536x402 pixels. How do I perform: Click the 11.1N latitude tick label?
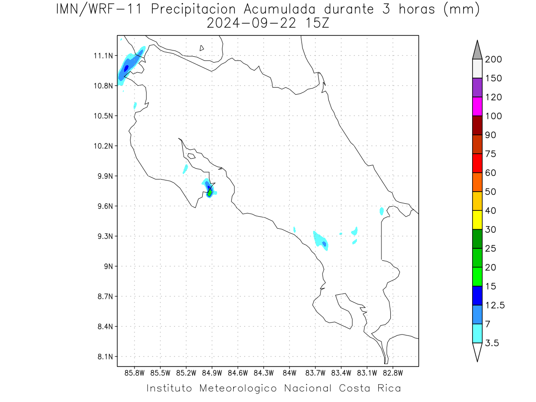coord(103,56)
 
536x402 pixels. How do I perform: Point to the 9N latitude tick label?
coord(109,266)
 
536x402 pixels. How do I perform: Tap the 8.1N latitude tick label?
coord(105,356)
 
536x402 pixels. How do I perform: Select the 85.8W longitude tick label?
coord(134,373)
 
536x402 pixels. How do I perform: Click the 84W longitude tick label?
coord(289,373)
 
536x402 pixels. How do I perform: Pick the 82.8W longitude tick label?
coord(393,373)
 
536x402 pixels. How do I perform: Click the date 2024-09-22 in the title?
coord(251,24)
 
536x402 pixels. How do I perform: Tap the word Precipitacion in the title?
coord(193,10)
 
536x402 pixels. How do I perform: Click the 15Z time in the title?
coord(317,24)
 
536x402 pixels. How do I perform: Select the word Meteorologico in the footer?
coord(238,389)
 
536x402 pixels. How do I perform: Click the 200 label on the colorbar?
coord(493,59)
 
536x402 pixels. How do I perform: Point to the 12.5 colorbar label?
coord(495,306)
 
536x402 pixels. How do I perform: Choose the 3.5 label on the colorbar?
coord(492,343)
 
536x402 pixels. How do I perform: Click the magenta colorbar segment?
coord(477,106)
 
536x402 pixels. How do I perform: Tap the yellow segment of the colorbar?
coord(477,220)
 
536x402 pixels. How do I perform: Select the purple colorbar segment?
coord(477,88)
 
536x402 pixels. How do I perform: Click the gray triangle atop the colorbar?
coord(477,52)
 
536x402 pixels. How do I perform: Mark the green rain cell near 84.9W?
coord(210,192)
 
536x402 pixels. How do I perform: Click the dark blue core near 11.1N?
coord(126,68)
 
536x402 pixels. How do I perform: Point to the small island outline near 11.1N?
coord(201,48)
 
